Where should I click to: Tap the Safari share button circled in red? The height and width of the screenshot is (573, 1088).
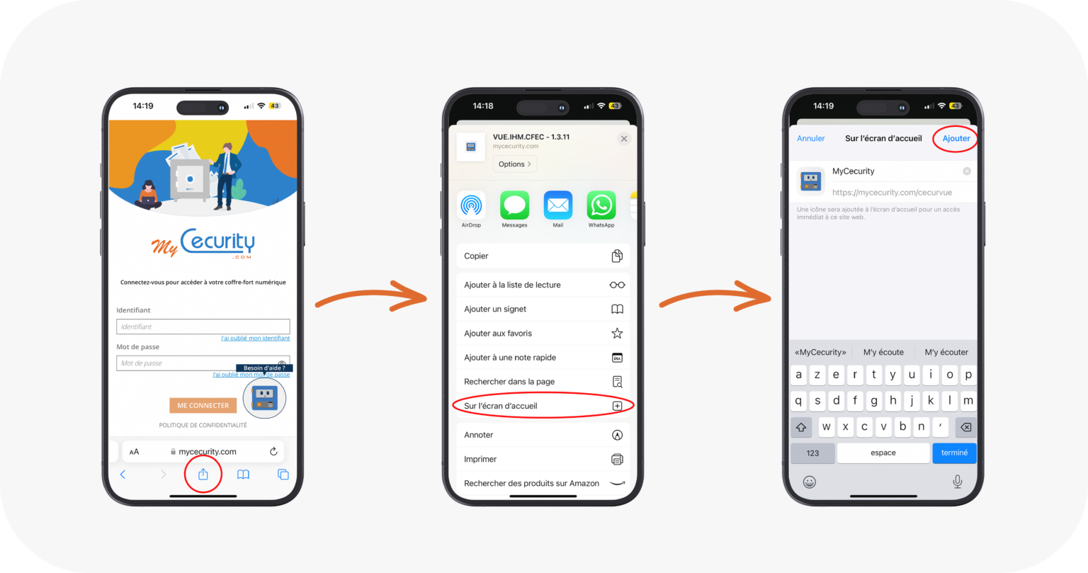click(203, 475)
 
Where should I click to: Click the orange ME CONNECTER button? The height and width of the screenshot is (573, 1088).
click(203, 405)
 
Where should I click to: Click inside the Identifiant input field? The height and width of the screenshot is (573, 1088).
click(203, 327)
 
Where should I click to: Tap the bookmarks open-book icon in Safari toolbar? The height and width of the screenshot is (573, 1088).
click(243, 475)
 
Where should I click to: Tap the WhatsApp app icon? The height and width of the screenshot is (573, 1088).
click(601, 205)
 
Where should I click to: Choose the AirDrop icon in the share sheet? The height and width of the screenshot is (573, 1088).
click(471, 205)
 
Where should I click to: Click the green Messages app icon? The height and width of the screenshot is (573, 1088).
click(514, 205)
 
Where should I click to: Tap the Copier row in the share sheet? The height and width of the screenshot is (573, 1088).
click(543, 256)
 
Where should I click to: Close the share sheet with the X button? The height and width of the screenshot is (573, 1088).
click(624, 139)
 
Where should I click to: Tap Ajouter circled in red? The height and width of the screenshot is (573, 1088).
click(956, 138)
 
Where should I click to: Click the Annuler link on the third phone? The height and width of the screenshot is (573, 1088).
click(810, 138)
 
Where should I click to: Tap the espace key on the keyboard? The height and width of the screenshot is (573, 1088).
click(883, 453)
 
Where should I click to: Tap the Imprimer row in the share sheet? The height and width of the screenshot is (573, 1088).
click(543, 459)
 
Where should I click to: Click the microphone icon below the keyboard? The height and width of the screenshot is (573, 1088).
click(957, 482)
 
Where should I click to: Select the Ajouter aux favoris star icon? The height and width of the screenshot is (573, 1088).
click(617, 333)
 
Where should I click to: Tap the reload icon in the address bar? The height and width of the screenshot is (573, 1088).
click(273, 451)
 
